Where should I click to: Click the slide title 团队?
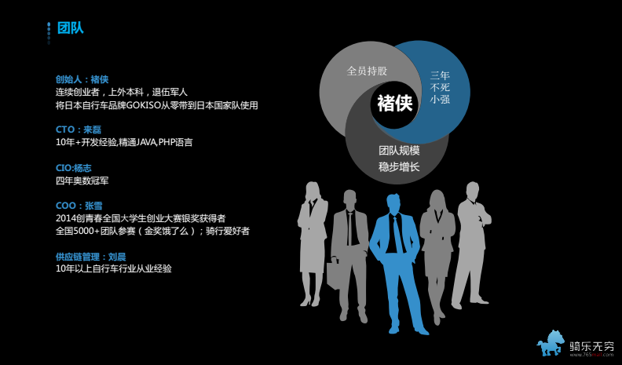click(x=70, y=28)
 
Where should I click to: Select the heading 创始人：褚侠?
click(x=82, y=79)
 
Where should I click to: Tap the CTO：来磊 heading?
click(x=79, y=130)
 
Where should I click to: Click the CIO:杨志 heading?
click(x=74, y=168)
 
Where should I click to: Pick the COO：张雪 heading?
click(x=79, y=206)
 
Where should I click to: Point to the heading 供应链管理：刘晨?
click(x=91, y=257)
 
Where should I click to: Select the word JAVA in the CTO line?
click(x=146, y=142)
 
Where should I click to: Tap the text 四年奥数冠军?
click(x=82, y=181)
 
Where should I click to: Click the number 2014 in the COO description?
click(x=65, y=218)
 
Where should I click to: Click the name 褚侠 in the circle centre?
click(x=395, y=103)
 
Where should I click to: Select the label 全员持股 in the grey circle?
click(x=367, y=71)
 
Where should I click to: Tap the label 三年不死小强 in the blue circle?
click(x=440, y=87)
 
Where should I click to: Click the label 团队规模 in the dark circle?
click(x=399, y=151)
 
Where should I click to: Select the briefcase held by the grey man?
click(x=333, y=273)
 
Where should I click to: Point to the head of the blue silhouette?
click(x=394, y=204)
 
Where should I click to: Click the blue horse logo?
click(x=551, y=343)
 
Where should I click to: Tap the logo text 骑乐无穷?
click(x=591, y=345)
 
